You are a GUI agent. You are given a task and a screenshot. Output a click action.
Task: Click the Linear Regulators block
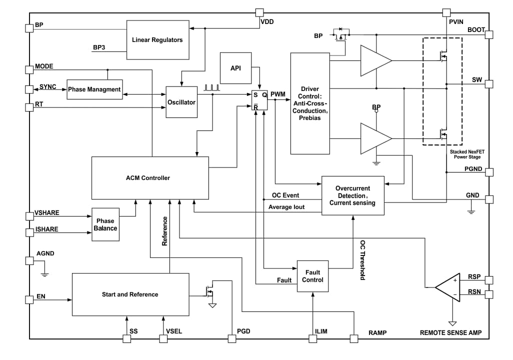tap(157, 39)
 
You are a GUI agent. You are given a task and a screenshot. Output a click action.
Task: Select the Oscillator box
tap(181, 101)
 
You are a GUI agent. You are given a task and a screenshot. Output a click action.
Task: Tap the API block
tap(235, 68)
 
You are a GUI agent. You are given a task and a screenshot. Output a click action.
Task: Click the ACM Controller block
tap(150, 178)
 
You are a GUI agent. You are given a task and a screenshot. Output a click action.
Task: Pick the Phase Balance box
tap(105, 224)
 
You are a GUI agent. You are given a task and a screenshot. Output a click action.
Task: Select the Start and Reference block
tap(130, 294)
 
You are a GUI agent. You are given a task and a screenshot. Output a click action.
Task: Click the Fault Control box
tap(312, 276)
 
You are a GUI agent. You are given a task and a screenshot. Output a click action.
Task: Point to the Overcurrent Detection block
tap(352, 195)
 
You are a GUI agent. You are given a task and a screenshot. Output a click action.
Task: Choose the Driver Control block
tap(310, 103)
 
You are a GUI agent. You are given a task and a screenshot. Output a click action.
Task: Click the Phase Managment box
tap(94, 89)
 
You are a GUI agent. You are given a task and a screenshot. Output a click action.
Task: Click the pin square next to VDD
tap(259, 12)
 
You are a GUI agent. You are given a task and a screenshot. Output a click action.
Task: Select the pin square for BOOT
tap(488, 34)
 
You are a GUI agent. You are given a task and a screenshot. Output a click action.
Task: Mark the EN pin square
tap(29, 299)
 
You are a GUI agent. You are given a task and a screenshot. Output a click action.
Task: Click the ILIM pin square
tap(313, 338)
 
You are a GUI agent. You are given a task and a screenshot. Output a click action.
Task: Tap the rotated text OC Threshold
tap(362, 259)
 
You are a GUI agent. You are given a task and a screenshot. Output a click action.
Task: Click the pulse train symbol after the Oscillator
tap(212, 88)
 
